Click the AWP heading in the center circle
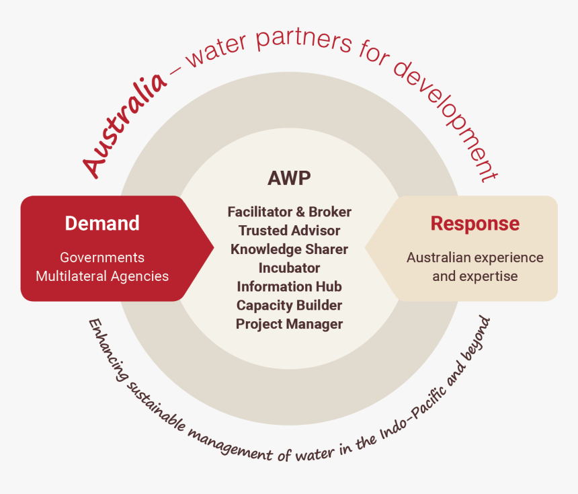point(289,178)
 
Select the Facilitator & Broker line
point(289,212)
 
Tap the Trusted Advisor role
point(289,231)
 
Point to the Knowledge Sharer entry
point(289,249)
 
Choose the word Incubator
point(289,267)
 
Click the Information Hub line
point(289,286)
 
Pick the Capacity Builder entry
point(289,305)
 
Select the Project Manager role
point(289,324)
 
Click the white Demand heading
point(102,223)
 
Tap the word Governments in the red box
point(102,257)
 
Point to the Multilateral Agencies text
point(102,276)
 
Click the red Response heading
point(474,223)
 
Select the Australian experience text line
point(474,257)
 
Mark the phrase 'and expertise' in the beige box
point(474,276)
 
